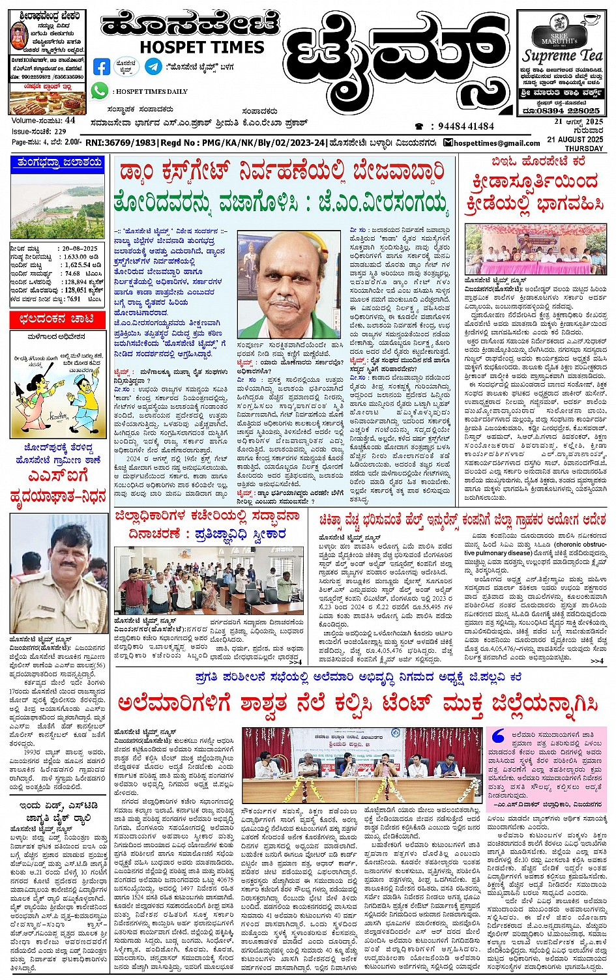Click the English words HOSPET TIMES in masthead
[202, 47]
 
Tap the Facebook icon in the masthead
[102, 66]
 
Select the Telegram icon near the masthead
[153, 66]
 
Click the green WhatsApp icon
[100, 91]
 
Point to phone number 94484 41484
[465, 126]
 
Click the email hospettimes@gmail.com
[496, 143]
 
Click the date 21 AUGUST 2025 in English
[575, 139]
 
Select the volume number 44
[70, 121]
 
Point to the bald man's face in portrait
[289, 281]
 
